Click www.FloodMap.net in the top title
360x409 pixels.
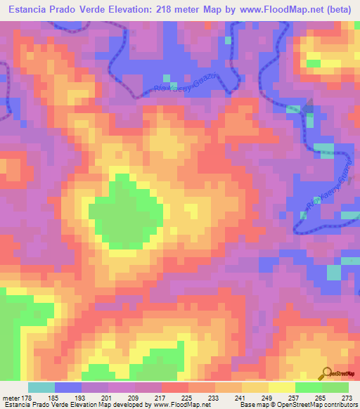point(275,10)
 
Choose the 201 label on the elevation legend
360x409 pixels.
point(106,396)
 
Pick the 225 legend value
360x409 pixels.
point(187,396)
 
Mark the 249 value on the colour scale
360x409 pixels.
point(267,396)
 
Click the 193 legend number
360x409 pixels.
point(79,396)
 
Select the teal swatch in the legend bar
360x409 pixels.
point(41,387)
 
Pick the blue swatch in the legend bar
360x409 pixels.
point(68,387)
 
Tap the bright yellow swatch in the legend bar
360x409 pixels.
point(282,387)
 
